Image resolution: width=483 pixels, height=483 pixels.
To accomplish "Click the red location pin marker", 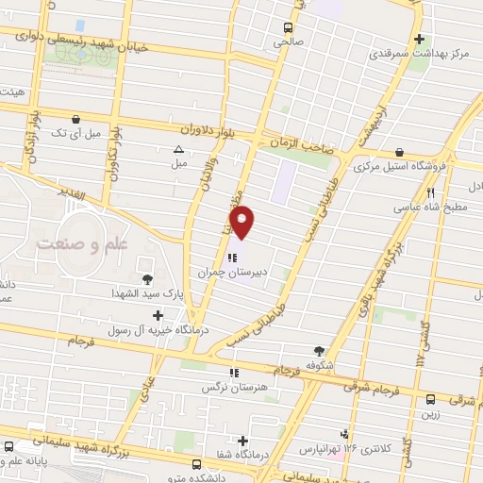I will [x=242, y=222].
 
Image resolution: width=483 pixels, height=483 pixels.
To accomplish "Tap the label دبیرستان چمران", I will [x=234, y=272].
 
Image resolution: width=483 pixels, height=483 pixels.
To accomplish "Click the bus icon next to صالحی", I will [x=289, y=27].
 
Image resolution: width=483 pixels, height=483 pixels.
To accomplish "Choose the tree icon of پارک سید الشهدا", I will [x=147, y=277].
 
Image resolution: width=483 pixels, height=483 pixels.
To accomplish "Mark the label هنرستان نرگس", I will [x=229, y=387].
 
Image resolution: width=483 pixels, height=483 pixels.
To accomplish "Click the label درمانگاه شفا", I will [x=224, y=453].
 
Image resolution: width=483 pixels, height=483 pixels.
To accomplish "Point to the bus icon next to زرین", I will [x=430, y=398].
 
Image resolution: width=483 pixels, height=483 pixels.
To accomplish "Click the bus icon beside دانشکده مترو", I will [x=196, y=464].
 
